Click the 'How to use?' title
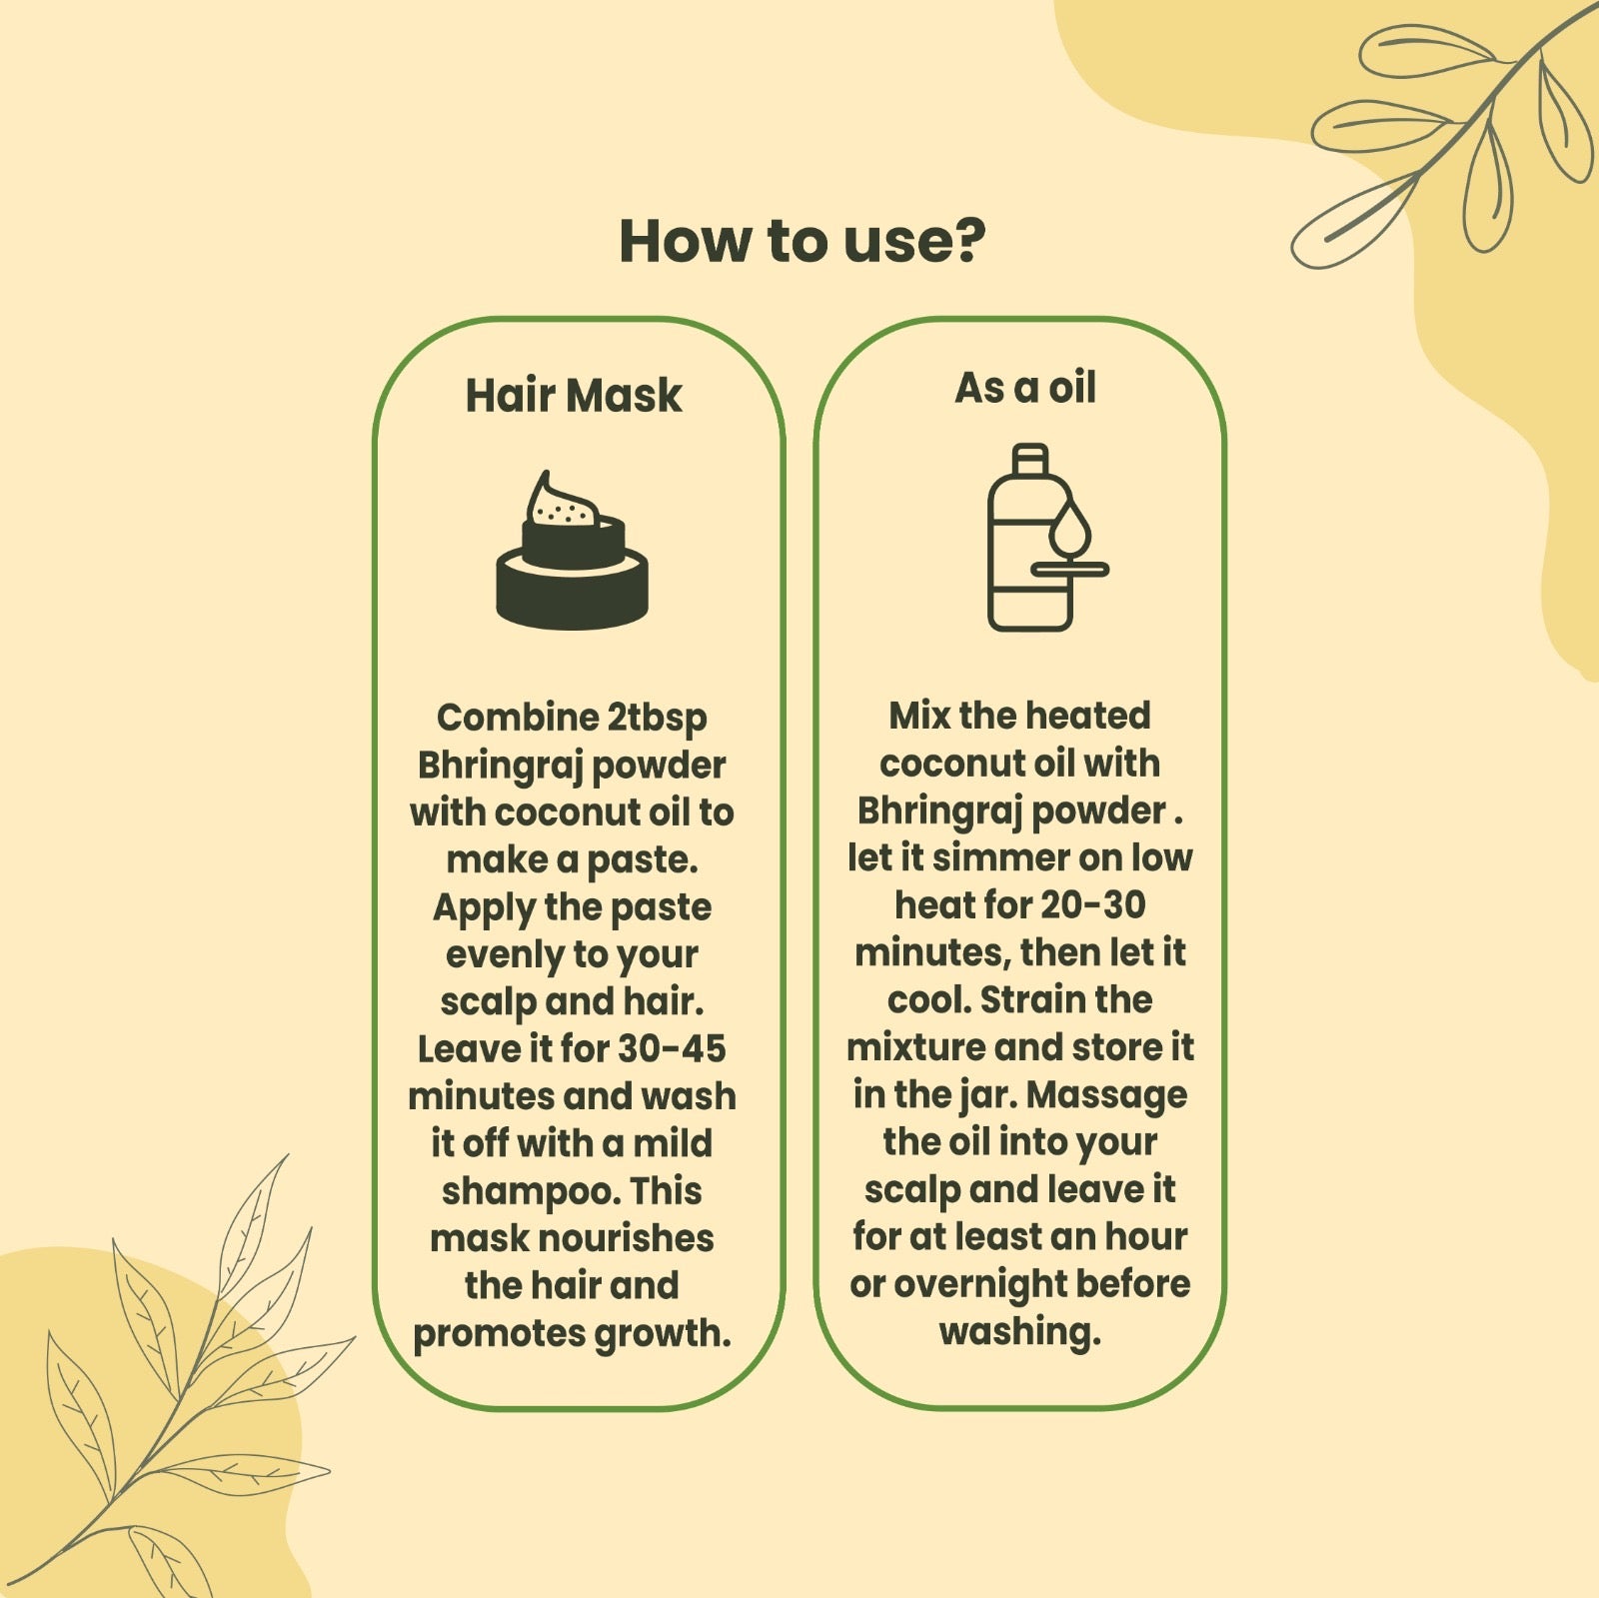pyautogui.click(x=801, y=242)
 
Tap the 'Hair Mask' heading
pyautogui.click(x=574, y=395)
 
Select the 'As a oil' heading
pyautogui.click(x=1025, y=388)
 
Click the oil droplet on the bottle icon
pyautogui.click(x=1070, y=528)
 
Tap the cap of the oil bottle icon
pyautogui.click(x=1030, y=458)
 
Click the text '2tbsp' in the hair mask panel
pyautogui.click(x=656, y=719)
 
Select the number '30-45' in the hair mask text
pyautogui.click(x=672, y=1048)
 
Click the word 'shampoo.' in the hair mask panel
pyautogui.click(x=531, y=1192)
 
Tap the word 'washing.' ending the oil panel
pyautogui.click(x=1019, y=1332)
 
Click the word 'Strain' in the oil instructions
pyautogui.click(x=1036, y=999)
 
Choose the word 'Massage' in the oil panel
pyautogui.click(x=1106, y=1095)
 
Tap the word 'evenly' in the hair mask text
pyautogui.click(x=506, y=955)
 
